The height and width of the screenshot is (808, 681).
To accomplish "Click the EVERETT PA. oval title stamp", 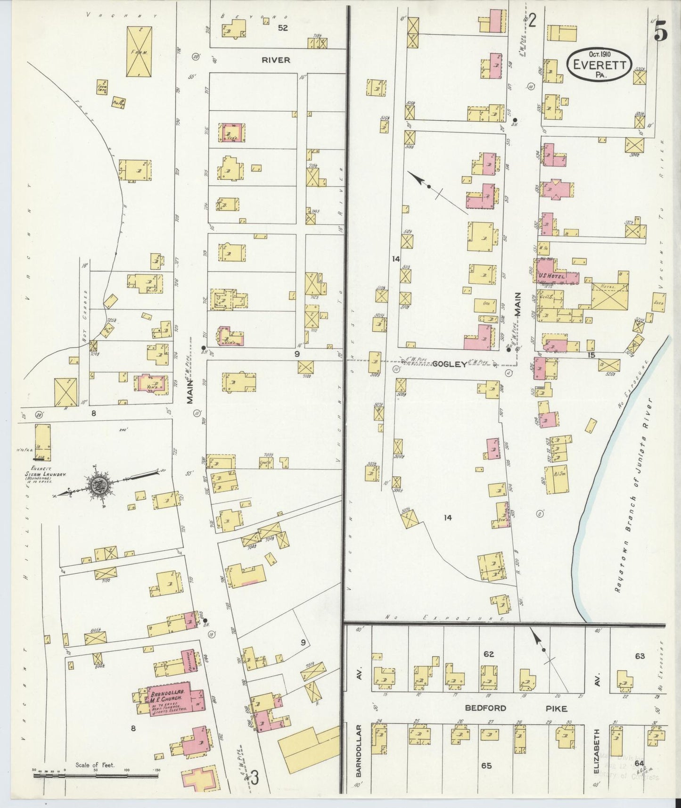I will coord(599,65).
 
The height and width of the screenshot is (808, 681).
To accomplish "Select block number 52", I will coord(282,28).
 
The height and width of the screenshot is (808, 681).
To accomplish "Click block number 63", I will coord(640,656).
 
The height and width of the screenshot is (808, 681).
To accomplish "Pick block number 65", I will coord(486,766).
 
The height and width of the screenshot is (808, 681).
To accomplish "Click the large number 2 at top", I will coord(532,21).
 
